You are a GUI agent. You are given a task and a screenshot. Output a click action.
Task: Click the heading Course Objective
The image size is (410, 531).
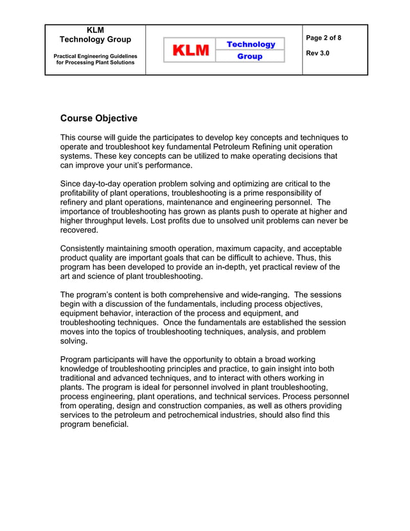98,118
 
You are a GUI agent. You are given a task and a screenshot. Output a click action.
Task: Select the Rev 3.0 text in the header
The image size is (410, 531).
318,53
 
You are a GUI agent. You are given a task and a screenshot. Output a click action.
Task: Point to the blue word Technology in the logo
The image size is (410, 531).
250,44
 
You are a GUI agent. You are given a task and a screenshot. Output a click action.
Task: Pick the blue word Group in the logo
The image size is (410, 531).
250,57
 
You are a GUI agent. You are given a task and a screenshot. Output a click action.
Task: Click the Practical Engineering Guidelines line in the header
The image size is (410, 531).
94,56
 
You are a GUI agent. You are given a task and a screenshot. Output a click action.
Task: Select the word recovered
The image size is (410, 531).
78,230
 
